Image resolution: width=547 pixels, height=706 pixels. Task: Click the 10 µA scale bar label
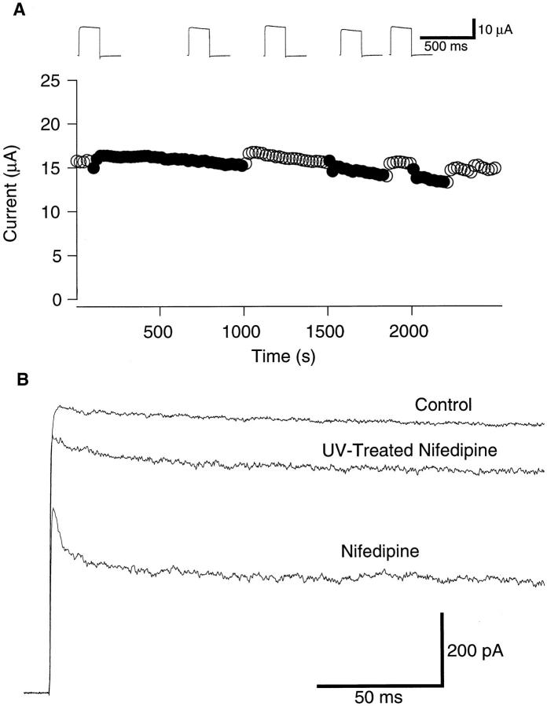[x=497, y=30]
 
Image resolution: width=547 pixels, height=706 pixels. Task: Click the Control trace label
[x=444, y=405]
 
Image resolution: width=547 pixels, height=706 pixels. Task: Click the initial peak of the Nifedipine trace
[x=53, y=509]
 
